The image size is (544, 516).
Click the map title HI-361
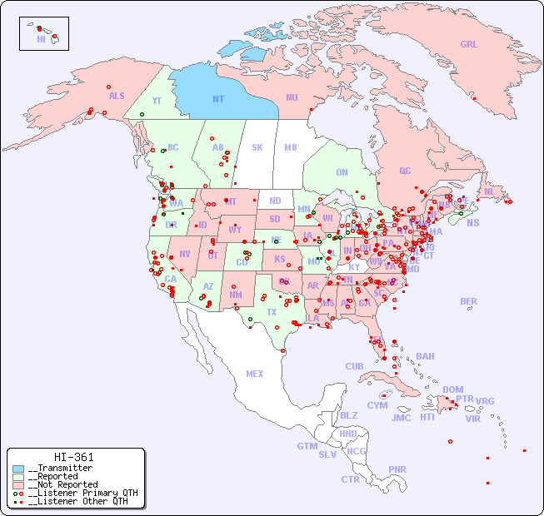(73, 457)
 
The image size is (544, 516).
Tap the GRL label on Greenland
(469, 45)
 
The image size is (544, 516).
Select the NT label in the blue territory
(217, 99)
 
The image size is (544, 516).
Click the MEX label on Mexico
(254, 374)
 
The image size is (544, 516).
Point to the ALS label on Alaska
(117, 96)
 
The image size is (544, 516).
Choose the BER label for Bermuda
(468, 301)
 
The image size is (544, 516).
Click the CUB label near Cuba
(354, 367)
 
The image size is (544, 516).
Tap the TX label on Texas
(272, 312)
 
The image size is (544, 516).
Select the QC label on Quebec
(405, 171)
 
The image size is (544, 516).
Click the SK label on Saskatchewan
(257, 147)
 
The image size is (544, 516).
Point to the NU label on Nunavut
(292, 97)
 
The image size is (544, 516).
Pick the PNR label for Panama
(397, 469)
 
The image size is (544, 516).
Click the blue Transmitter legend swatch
(18, 469)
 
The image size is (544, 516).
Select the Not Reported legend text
(62, 484)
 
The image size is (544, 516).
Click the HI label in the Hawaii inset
(41, 39)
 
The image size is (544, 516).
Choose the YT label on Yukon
(157, 101)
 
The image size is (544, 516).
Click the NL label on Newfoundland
(490, 191)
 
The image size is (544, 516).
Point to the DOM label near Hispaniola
(452, 389)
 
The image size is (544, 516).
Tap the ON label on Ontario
(342, 172)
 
